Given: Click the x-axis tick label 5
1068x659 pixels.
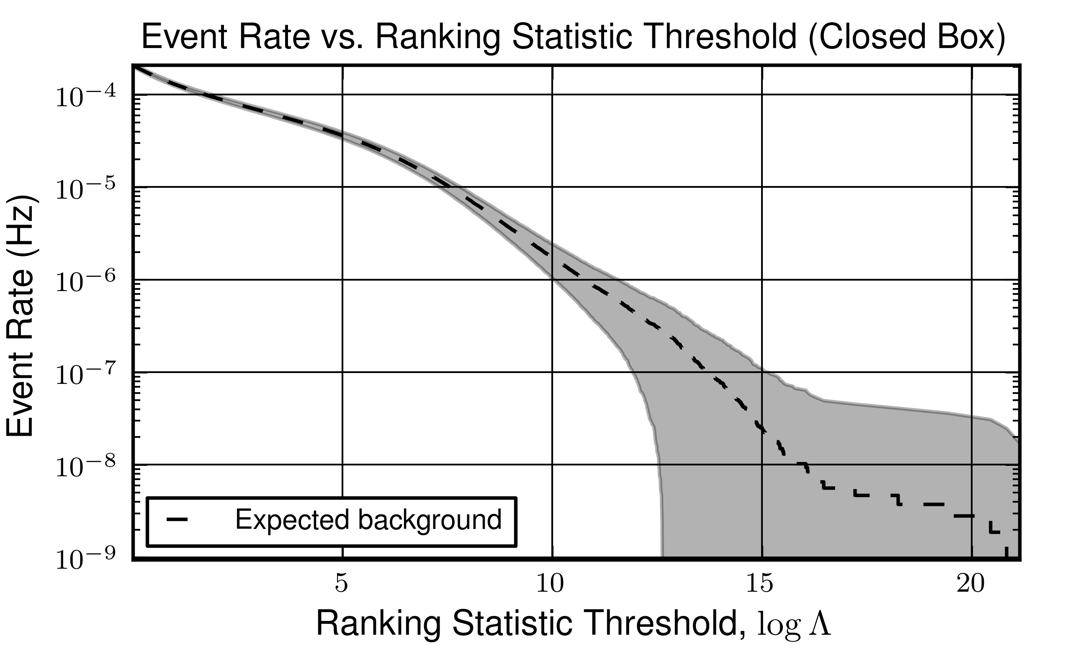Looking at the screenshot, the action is (342, 584).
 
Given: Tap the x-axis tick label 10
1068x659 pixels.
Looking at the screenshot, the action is (550, 584).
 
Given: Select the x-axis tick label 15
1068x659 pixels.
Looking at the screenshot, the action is (759, 584).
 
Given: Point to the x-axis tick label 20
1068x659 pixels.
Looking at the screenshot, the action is (971, 584).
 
